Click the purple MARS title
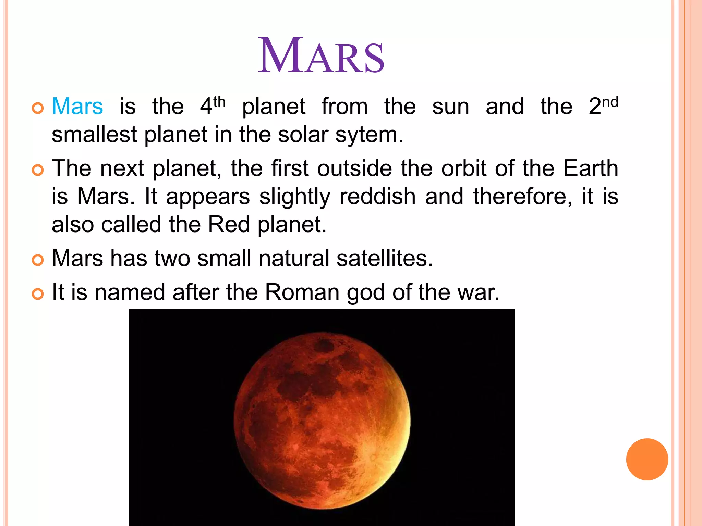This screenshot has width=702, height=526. (x=321, y=56)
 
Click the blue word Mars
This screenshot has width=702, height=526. (x=77, y=106)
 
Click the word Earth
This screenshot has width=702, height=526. (x=591, y=168)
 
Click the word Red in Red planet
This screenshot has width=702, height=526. (x=229, y=225)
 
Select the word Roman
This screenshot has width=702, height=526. (x=302, y=292)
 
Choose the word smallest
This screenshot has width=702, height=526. (x=94, y=134)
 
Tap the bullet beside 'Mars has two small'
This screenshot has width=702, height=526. (x=38, y=260)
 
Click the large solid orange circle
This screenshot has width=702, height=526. (x=647, y=459)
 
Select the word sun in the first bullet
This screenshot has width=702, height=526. (x=450, y=107)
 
